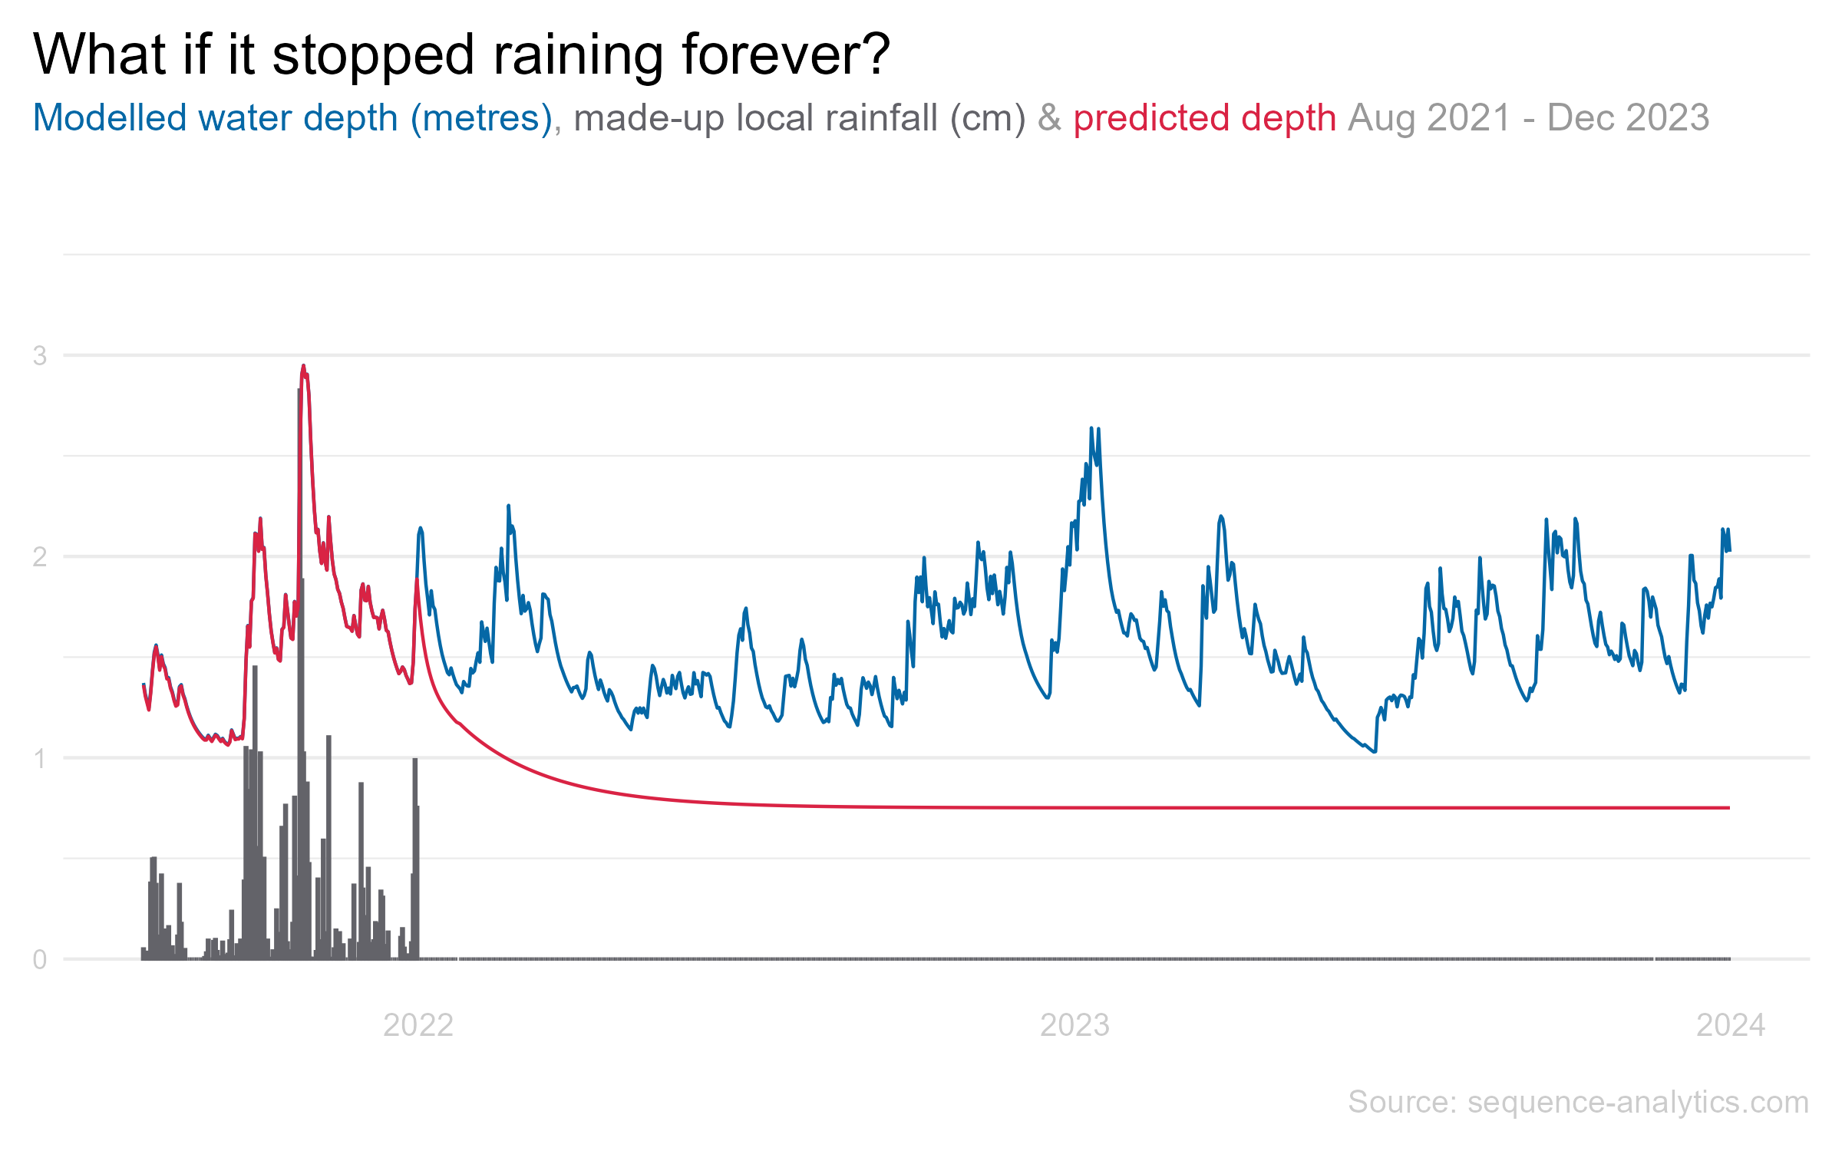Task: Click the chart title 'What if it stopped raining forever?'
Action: click(x=460, y=55)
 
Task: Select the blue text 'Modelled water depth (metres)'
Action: click(x=292, y=118)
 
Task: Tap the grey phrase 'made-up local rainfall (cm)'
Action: click(x=799, y=118)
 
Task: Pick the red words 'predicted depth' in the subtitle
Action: click(x=1204, y=118)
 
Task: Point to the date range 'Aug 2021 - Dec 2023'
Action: click(x=1528, y=118)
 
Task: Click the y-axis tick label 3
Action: click(x=40, y=355)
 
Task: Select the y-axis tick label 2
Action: click(x=40, y=556)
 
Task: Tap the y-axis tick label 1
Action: click(x=40, y=758)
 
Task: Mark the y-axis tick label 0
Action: click(x=40, y=959)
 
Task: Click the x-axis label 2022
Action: click(x=418, y=1025)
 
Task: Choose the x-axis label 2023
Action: click(x=1074, y=1025)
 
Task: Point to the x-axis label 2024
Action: click(x=1731, y=1025)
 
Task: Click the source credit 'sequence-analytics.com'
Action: click(x=1638, y=1102)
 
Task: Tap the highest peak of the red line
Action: click(x=303, y=366)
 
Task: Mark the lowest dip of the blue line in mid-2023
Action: click(x=1375, y=751)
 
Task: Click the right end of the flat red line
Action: click(x=1729, y=808)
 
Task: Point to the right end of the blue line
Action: click(x=1729, y=550)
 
